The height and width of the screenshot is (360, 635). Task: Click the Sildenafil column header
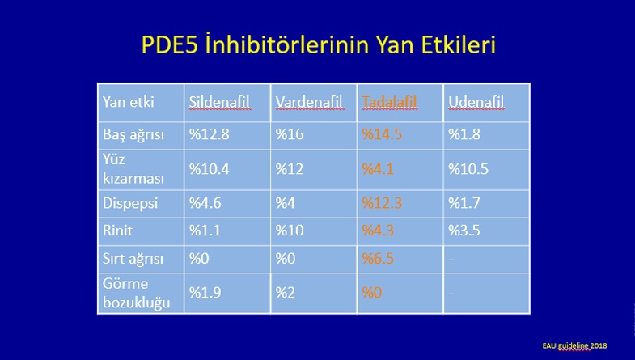(x=220, y=102)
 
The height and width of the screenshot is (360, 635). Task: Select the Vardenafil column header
(x=310, y=102)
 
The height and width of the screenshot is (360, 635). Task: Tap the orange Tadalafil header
(x=389, y=102)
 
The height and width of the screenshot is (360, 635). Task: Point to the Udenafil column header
(x=476, y=102)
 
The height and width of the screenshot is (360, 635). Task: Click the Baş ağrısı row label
(x=133, y=135)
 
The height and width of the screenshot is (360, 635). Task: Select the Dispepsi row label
(x=130, y=204)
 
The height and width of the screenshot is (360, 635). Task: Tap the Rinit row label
(x=117, y=231)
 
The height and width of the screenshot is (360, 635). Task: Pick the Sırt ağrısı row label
(x=133, y=259)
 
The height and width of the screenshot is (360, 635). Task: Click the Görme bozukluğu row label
(x=137, y=293)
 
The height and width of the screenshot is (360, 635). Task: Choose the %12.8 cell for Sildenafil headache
(x=209, y=134)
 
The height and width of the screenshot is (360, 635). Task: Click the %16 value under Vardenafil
(x=289, y=134)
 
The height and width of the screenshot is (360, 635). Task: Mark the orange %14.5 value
(x=382, y=134)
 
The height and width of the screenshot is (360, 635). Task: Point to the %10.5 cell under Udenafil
(x=468, y=169)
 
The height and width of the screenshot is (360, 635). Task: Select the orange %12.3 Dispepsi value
(x=382, y=203)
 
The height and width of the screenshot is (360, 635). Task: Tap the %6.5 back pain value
(x=378, y=258)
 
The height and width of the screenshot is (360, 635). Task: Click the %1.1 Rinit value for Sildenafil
(x=205, y=231)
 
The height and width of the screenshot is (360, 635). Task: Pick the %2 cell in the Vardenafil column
(x=285, y=293)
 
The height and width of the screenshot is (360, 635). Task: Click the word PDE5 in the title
(x=170, y=44)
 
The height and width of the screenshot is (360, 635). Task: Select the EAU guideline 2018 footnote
(x=574, y=345)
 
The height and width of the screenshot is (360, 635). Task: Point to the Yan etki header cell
(x=128, y=102)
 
